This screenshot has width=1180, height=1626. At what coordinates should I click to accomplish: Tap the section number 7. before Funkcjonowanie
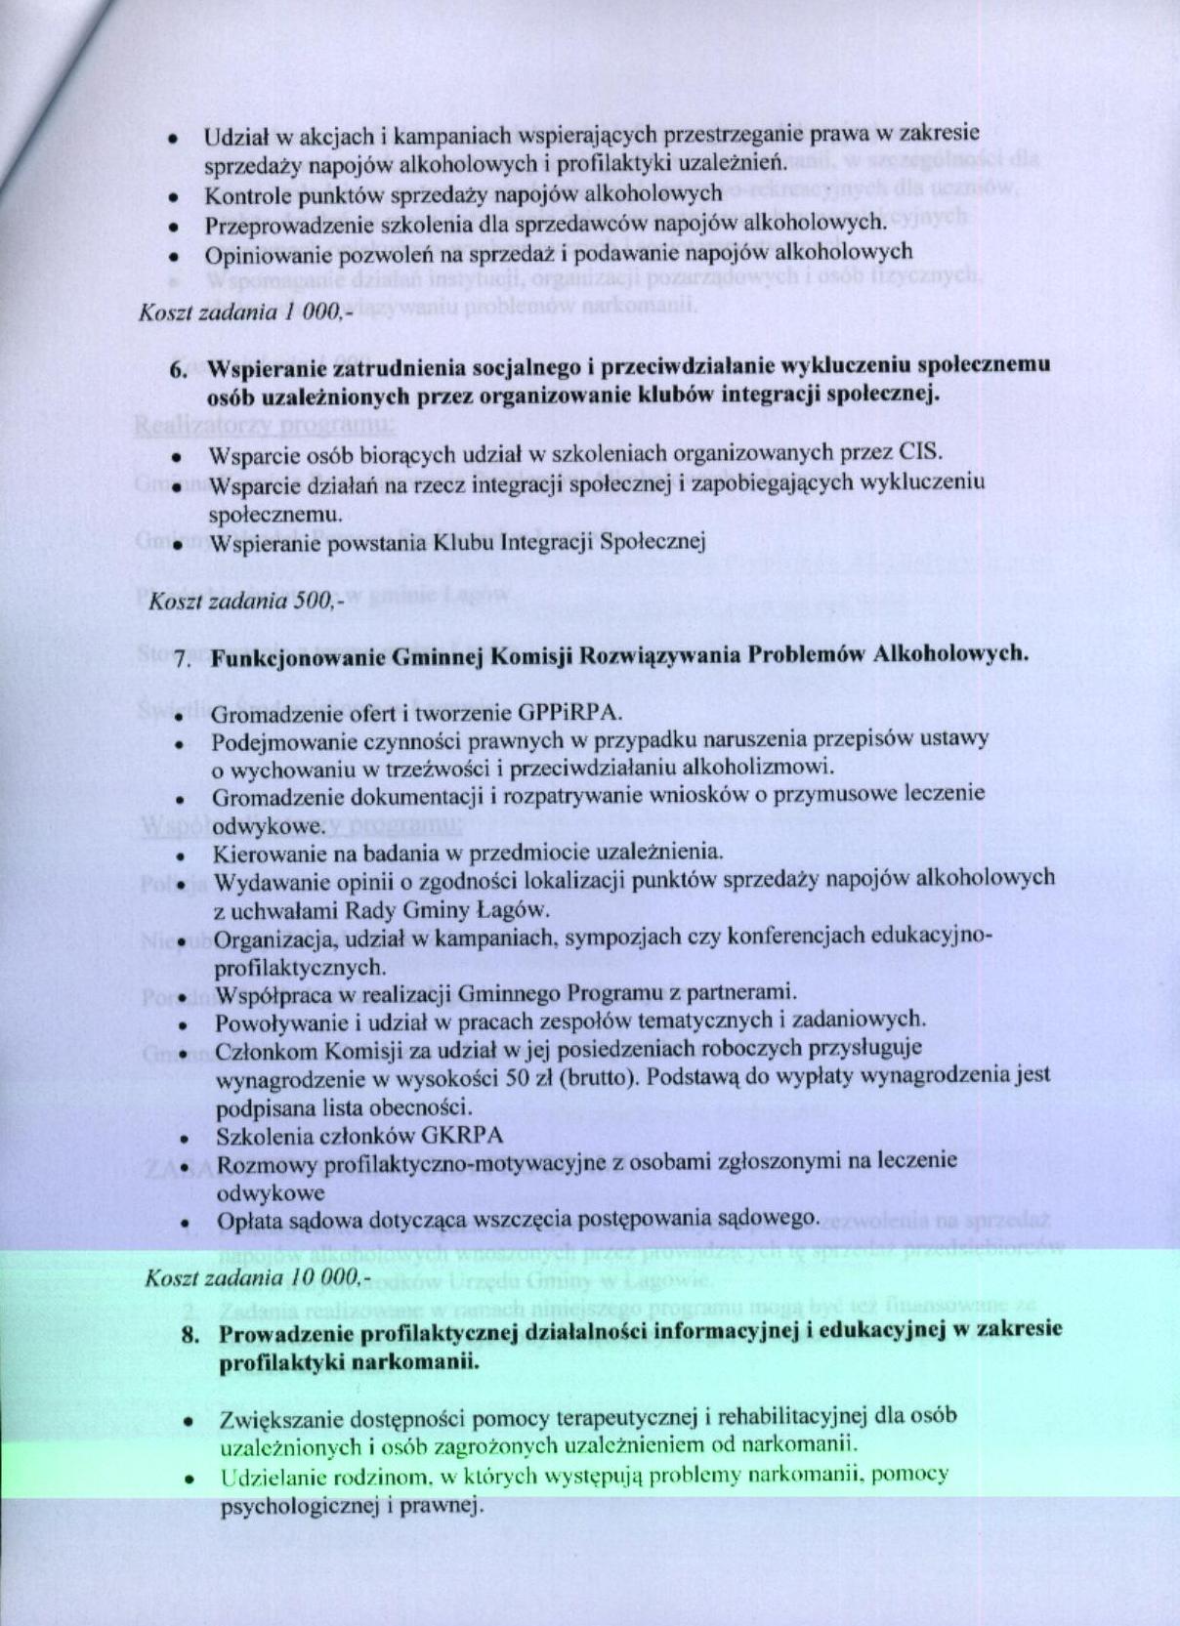[x=181, y=659]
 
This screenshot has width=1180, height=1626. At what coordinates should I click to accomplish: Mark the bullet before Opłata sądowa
[x=184, y=1223]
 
